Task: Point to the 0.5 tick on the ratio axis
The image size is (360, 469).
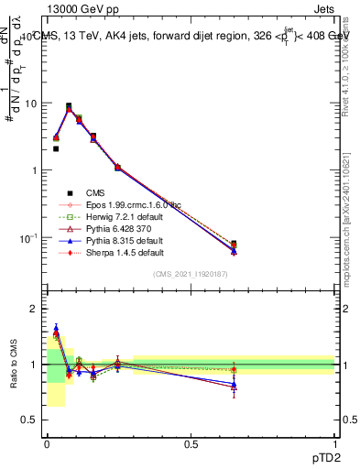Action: [30, 420]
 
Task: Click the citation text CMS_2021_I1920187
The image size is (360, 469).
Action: [190, 274]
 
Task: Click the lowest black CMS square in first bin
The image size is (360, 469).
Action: [56, 148]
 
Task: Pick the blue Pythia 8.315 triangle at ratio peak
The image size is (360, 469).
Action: [56, 328]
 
